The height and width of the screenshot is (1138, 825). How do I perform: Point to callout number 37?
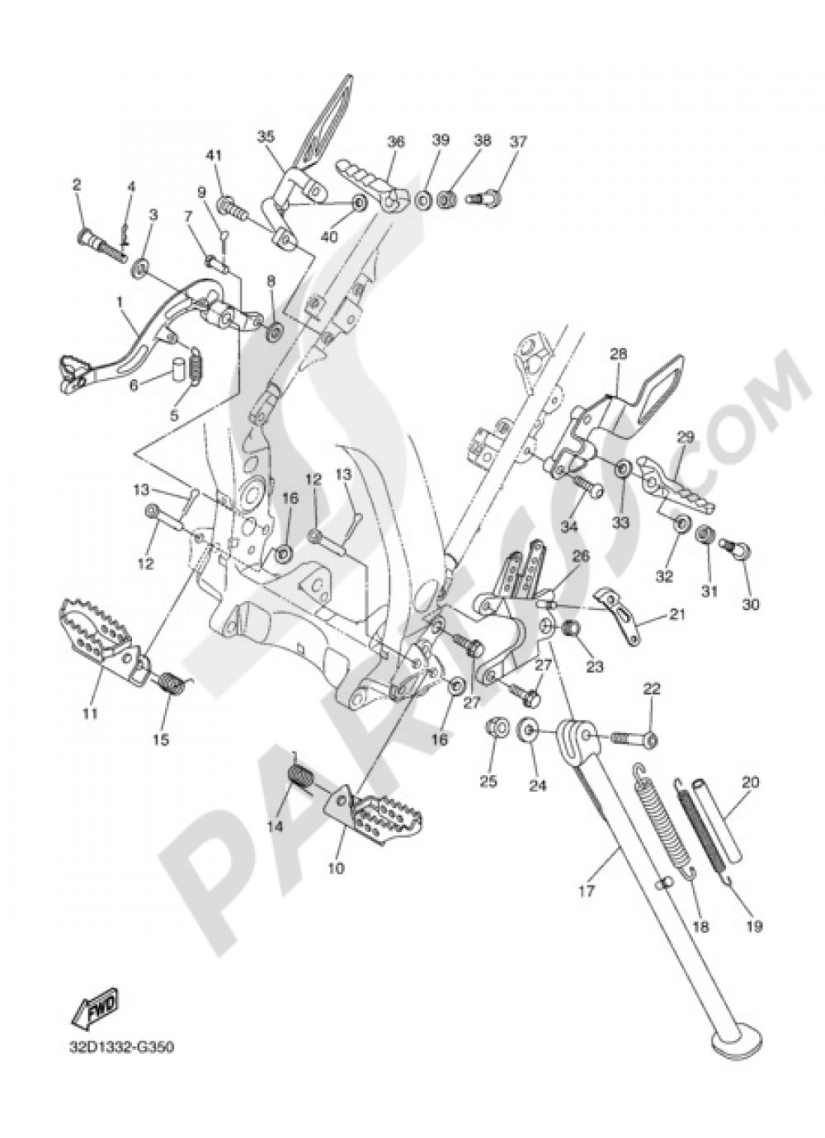[x=517, y=141]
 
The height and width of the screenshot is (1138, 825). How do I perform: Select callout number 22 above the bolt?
[x=652, y=689]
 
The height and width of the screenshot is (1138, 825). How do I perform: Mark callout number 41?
[x=214, y=154]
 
